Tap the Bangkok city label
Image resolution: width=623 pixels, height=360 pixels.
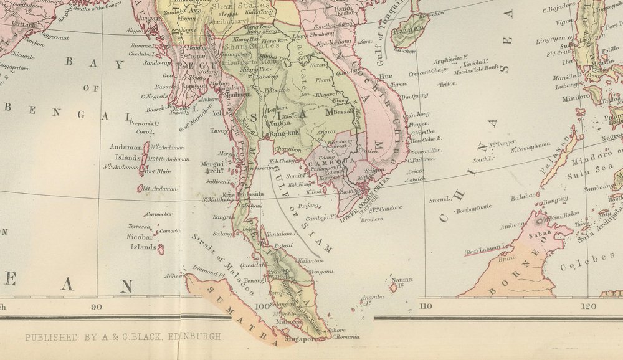(x=285, y=133)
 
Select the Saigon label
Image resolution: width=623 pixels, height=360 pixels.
(x=375, y=170)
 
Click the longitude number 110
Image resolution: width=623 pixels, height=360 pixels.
(x=426, y=306)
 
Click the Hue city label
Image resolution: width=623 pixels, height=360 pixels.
(x=386, y=77)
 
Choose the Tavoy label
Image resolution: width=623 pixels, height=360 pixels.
(x=220, y=131)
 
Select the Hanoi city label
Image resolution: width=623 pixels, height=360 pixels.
(x=345, y=9)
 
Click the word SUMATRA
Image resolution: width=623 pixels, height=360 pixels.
(x=238, y=308)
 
